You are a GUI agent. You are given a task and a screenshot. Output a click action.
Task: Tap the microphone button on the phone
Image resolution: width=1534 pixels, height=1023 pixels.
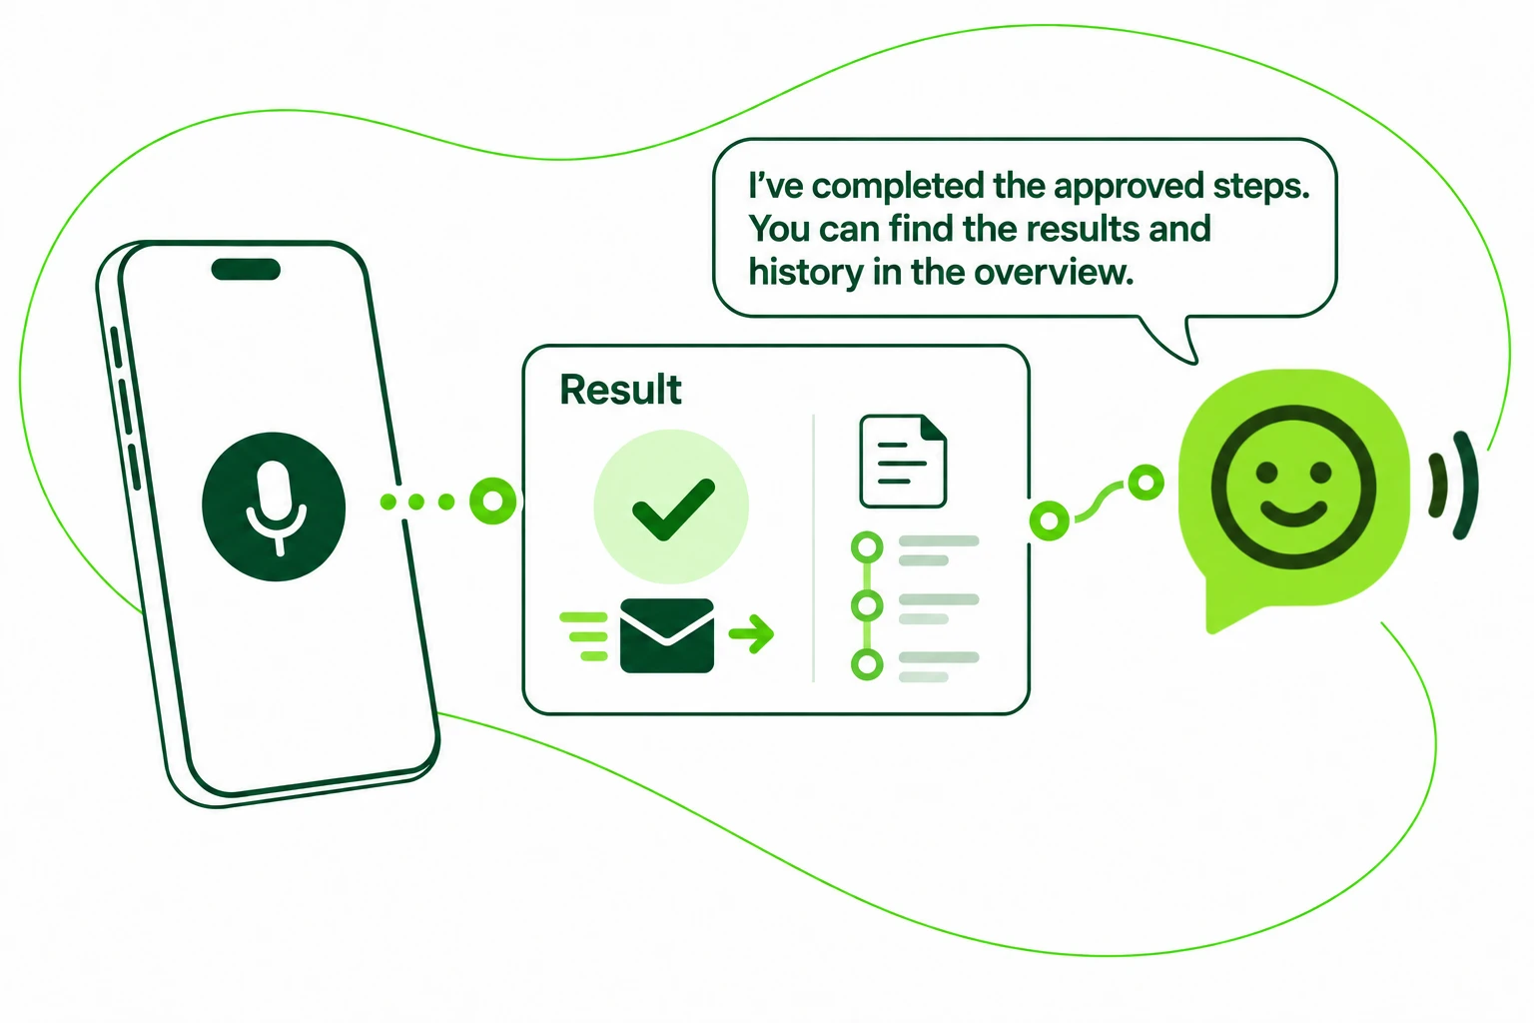pyautogui.click(x=274, y=508)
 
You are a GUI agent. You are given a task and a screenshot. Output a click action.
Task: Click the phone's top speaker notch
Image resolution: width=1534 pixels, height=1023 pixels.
pyautogui.click(x=246, y=270)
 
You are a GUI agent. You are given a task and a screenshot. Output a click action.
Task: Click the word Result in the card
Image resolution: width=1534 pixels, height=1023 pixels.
pyautogui.click(x=620, y=390)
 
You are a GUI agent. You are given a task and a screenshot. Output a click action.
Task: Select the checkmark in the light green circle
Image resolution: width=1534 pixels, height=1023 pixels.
pyautogui.click(x=673, y=510)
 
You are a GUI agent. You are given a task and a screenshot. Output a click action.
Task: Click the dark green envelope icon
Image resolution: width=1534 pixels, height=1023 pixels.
pyautogui.click(x=667, y=635)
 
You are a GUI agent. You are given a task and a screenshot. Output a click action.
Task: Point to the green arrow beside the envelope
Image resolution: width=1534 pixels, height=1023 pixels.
pyautogui.click(x=751, y=633)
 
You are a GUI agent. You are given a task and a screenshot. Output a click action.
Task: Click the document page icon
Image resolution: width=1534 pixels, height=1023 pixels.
pyautogui.click(x=903, y=462)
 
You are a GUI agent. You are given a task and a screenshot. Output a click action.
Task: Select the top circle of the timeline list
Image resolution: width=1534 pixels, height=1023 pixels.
pyautogui.click(x=867, y=547)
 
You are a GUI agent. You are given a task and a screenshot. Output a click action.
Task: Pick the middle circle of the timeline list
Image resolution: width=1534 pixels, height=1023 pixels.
pyautogui.click(x=867, y=605)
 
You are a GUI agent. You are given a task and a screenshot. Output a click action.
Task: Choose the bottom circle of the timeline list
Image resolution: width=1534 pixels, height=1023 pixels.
pyautogui.click(x=867, y=664)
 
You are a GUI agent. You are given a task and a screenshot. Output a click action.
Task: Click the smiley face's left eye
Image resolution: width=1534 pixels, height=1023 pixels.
pyautogui.click(x=1267, y=473)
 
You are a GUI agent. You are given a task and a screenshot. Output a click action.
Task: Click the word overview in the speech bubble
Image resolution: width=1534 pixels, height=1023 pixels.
pyautogui.click(x=1054, y=273)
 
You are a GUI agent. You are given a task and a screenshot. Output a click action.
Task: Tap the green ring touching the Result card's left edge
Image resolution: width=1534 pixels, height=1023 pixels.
pyautogui.click(x=493, y=501)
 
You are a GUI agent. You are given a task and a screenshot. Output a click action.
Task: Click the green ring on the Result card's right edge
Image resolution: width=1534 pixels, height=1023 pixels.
pyautogui.click(x=1050, y=520)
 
